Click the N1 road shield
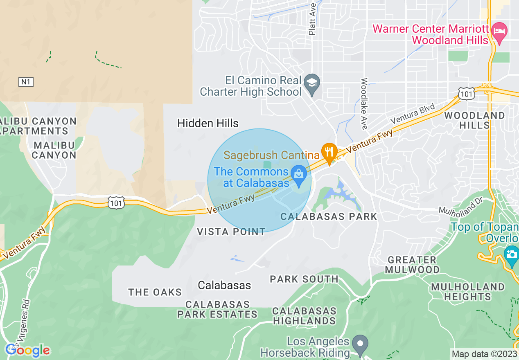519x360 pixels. coord(26,82)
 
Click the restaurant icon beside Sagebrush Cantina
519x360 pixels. coord(329,152)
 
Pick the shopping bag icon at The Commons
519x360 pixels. coord(299,174)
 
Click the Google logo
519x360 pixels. coord(27,350)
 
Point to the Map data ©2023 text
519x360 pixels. coord(484,354)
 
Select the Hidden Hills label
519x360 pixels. coord(208,123)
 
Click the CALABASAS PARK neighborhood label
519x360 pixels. coord(329,216)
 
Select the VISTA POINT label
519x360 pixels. coord(231,232)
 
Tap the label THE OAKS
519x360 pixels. coord(155,292)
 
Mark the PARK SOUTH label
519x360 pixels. coord(304,279)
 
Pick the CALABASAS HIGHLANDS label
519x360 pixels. coord(305,316)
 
